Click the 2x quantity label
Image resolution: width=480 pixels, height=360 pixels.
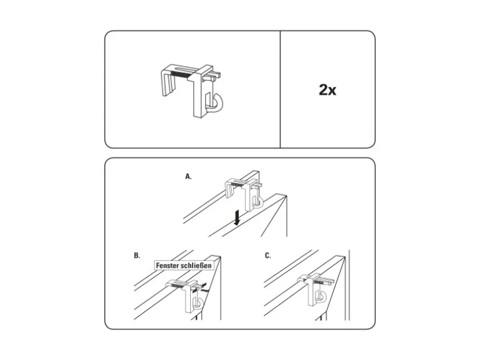[327, 90]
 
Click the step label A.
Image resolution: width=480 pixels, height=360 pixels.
[188, 176]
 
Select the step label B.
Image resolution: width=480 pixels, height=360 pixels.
[137, 255]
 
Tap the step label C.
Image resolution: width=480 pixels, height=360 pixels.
[267, 255]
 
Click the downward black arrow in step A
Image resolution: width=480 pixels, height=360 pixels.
[237, 219]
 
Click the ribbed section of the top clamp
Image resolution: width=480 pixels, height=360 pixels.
[181, 74]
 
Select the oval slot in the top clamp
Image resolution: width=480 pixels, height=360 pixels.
[183, 68]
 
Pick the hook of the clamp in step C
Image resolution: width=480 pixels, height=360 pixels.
[323, 297]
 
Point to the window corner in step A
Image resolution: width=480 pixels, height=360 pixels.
[287, 196]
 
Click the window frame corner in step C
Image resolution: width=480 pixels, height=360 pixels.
[345, 257]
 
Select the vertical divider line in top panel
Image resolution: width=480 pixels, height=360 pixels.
[280, 89]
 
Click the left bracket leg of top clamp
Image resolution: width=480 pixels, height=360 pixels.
[168, 84]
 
